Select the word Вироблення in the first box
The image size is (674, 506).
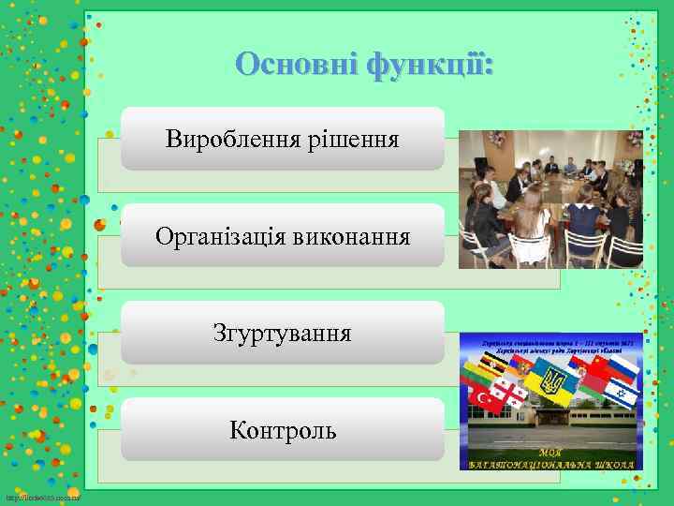pos(230,140)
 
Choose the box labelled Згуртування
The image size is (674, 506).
pos(282,333)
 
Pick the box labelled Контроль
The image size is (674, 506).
pos(282,430)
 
